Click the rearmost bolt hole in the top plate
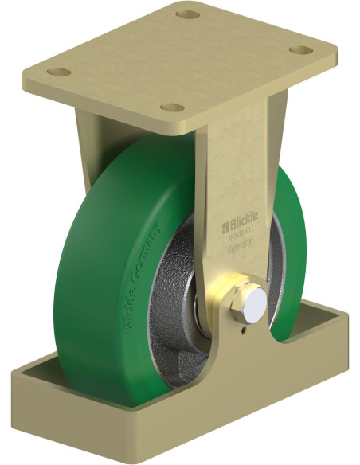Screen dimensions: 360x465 [187, 14]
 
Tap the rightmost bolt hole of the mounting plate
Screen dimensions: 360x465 [301, 50]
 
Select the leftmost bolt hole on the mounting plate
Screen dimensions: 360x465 [59, 72]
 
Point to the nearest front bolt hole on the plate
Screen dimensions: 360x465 [172, 107]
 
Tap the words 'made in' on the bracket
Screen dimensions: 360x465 [241, 232]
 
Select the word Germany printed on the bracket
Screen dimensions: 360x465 [240, 242]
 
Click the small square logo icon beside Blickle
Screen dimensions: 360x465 [225, 227]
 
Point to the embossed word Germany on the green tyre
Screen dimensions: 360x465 [145, 256]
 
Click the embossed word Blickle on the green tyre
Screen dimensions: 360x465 [128, 311]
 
